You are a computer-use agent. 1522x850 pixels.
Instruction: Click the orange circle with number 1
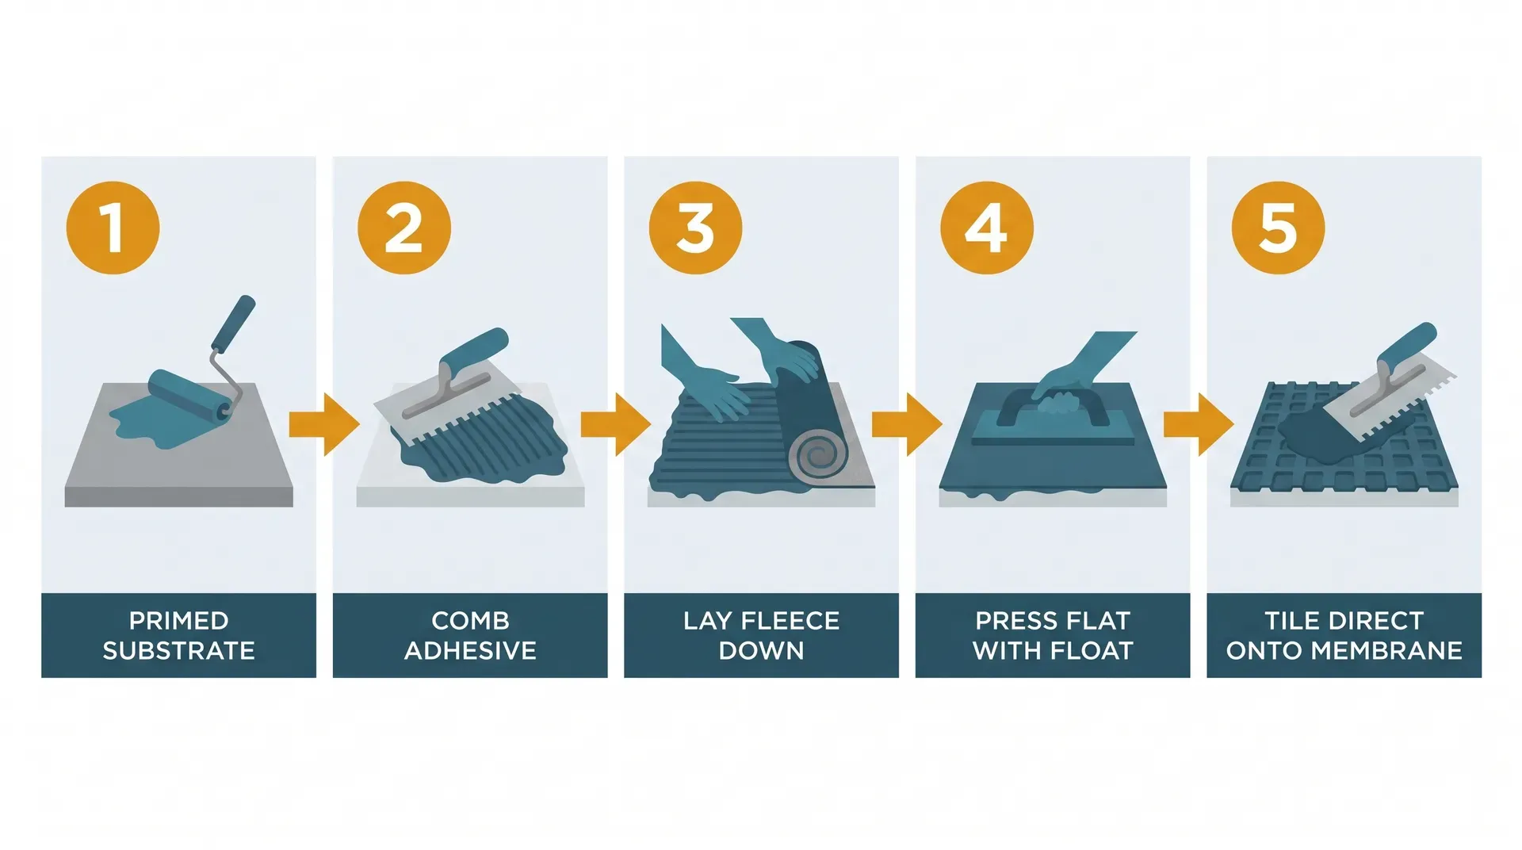pyautogui.click(x=113, y=228)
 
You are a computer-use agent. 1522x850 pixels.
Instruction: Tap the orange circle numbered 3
pyautogui.click(x=695, y=228)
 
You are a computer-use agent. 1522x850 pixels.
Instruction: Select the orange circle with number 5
pyautogui.click(x=1278, y=228)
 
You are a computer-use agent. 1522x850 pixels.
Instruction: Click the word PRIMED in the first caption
pyautogui.click(x=178, y=620)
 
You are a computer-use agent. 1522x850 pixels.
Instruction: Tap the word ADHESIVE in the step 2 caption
pyautogui.click(x=470, y=651)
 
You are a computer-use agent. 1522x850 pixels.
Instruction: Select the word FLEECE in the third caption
pyautogui.click(x=788, y=620)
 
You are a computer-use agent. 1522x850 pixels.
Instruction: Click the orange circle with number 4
pyautogui.click(x=986, y=228)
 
